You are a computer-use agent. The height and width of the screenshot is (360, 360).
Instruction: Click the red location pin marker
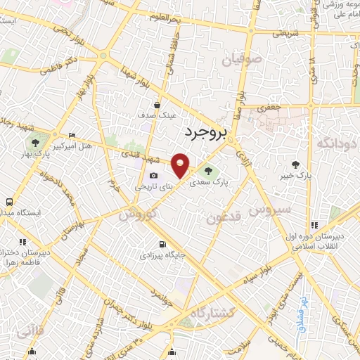tap(181, 165)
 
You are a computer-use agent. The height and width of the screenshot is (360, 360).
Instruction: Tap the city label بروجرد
tap(208, 131)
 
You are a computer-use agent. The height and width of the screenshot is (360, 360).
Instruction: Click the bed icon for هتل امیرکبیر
tap(72, 135)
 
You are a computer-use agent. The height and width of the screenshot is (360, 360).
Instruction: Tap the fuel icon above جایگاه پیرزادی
tap(161, 245)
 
